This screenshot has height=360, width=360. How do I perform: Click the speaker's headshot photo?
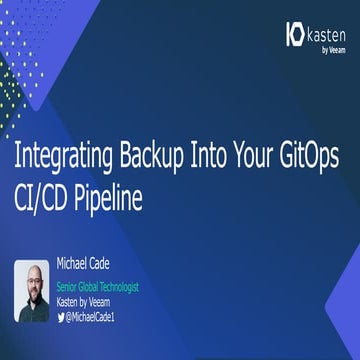tap(32, 290)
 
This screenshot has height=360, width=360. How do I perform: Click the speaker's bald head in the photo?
tap(32, 272)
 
